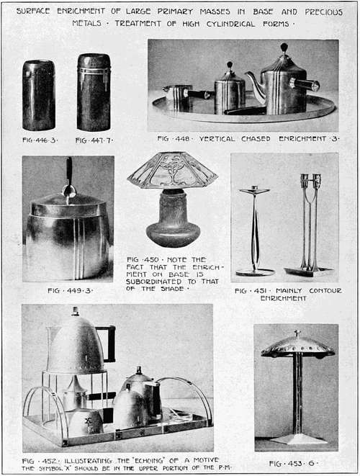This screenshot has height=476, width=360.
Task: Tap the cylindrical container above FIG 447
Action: [x=94, y=91]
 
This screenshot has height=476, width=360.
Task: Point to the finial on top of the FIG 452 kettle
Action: [x=75, y=311]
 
